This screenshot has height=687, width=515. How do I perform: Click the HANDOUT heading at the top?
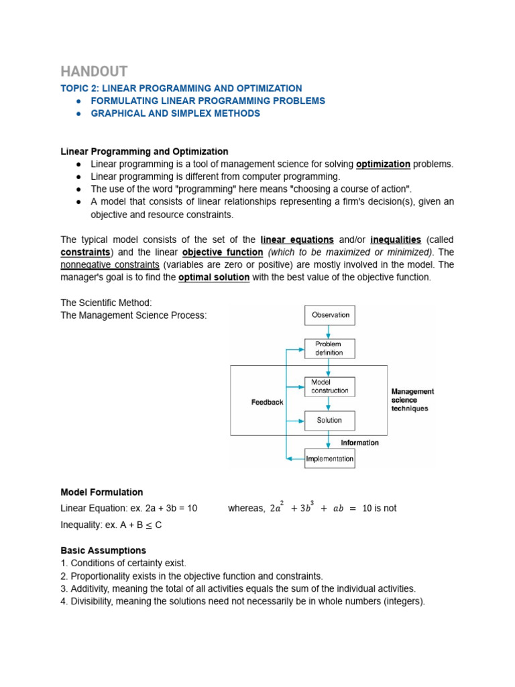coord(94,71)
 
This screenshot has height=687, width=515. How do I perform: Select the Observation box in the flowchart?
coord(330,315)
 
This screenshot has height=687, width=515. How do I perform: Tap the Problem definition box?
coord(330,348)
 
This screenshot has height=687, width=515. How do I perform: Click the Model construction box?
coord(330,386)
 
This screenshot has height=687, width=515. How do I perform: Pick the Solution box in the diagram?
coord(330,421)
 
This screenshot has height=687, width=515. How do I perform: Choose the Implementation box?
coord(329,459)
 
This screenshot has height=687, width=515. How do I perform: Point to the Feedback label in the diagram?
coord(267,403)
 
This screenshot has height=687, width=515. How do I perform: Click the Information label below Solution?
coord(359,442)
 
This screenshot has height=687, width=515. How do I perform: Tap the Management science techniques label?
coord(412,400)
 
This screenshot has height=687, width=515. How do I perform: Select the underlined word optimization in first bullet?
coord(383,164)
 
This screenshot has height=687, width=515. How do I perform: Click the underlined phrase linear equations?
coord(297,240)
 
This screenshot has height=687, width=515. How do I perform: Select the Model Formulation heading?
coord(102,492)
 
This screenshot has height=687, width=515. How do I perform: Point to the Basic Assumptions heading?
coord(103,550)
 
